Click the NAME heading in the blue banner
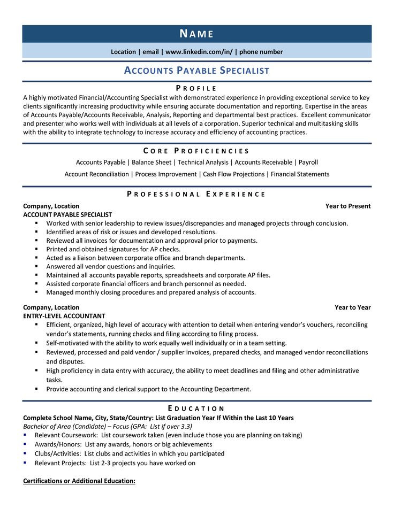tap(196, 34)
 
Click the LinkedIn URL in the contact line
tap(198, 52)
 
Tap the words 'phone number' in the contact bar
tap(261, 52)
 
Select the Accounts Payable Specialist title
tap(196, 71)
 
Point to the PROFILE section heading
tap(196, 88)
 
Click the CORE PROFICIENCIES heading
tap(196, 151)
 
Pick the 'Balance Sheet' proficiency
tap(152, 162)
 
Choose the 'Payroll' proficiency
tap(308, 162)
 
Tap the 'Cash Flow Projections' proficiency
tap(234, 174)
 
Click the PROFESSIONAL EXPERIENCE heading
tap(196, 194)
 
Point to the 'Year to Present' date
tap(348, 206)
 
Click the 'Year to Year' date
tap(353, 307)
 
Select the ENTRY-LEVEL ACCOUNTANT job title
tap(64, 316)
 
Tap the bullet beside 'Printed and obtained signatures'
tap(36, 249)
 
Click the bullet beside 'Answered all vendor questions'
tap(36, 266)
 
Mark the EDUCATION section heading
tap(196, 408)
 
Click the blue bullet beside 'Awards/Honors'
tap(26, 444)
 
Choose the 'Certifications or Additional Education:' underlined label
tap(79, 481)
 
